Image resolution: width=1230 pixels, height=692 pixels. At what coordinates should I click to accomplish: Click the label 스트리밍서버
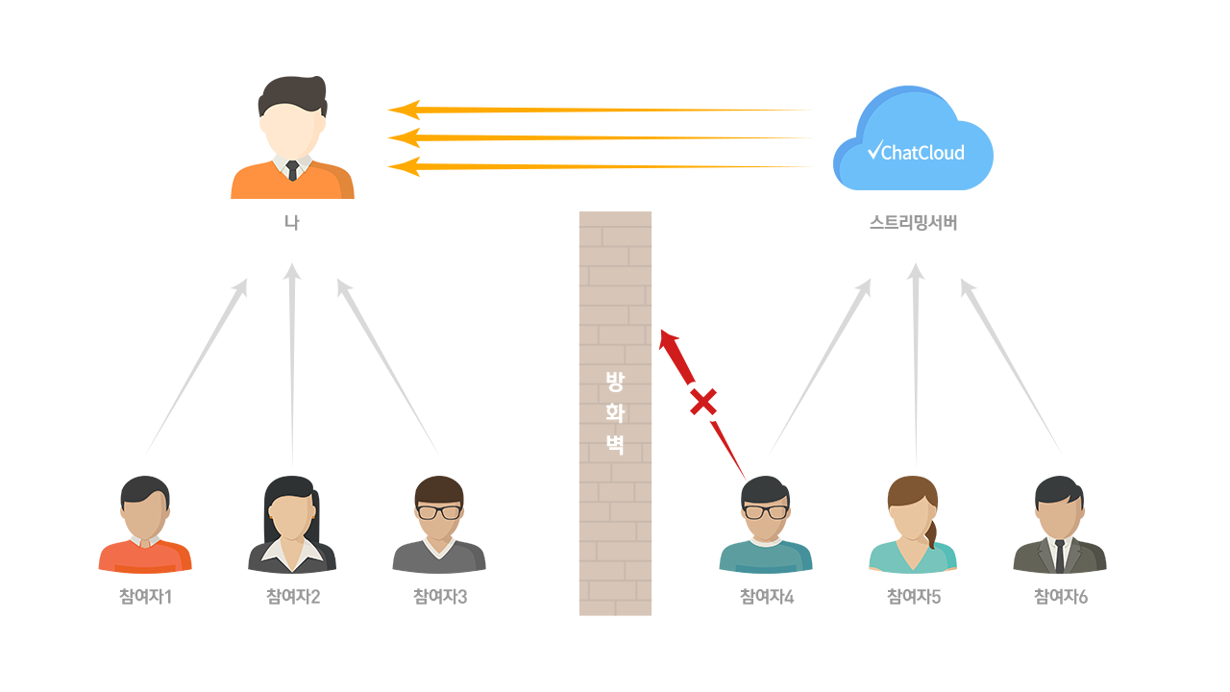point(913,223)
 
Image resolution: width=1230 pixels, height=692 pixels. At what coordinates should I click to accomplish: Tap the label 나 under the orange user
point(292,223)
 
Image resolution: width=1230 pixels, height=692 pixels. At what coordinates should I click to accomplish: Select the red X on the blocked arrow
point(703,401)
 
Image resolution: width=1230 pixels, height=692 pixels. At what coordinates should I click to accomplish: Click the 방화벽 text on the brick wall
point(615,412)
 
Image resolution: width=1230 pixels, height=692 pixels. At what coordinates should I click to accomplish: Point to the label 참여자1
point(144,597)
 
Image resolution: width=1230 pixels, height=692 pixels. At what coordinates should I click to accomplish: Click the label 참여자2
point(292,597)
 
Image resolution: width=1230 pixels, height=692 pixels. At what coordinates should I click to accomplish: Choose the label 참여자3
point(439,597)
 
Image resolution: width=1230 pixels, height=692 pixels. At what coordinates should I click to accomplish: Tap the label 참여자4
point(766,597)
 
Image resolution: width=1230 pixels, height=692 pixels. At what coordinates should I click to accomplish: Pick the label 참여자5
point(913,597)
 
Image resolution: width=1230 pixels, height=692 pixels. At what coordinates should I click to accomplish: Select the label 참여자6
point(1060,597)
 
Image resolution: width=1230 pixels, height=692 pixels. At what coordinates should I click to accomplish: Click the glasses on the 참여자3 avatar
point(438,512)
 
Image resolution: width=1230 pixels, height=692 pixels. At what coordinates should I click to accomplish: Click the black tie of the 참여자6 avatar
point(1059,556)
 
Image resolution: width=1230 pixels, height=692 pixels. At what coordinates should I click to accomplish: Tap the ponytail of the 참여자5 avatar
point(931,534)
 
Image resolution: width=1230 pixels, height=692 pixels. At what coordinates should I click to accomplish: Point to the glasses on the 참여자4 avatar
point(766,512)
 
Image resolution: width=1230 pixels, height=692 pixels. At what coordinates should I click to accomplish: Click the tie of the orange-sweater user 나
point(292,170)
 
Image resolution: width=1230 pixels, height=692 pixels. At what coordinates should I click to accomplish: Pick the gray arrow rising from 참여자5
point(916,365)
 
